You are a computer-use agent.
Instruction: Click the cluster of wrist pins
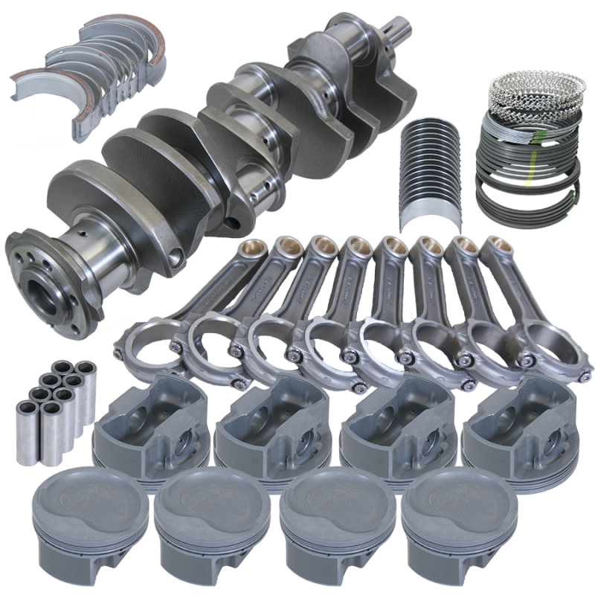click(49, 395)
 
